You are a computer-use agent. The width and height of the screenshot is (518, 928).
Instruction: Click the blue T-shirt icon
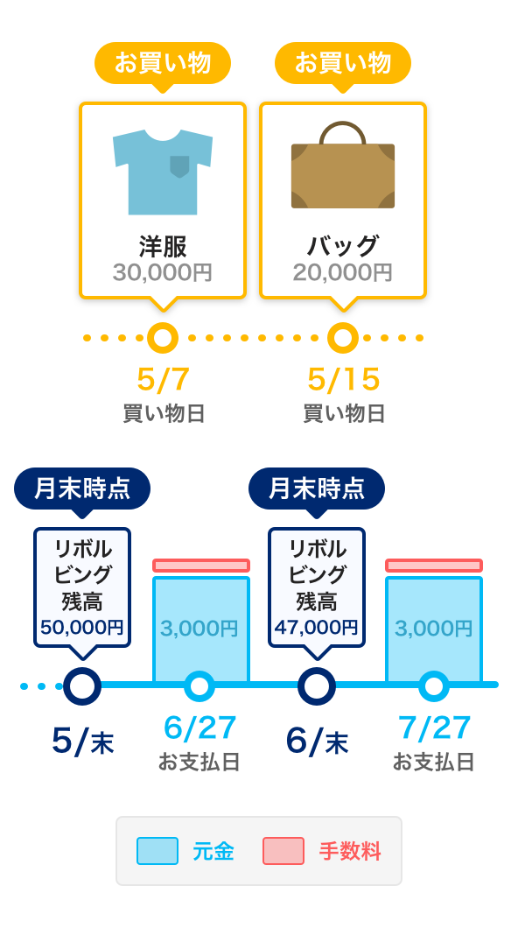tap(163, 172)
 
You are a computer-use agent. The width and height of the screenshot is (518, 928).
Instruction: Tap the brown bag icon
tap(343, 165)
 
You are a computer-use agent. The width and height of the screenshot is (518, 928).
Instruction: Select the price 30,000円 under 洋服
tap(163, 273)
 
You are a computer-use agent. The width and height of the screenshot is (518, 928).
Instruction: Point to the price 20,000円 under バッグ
tap(343, 273)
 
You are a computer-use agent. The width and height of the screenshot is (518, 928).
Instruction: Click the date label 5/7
tap(163, 380)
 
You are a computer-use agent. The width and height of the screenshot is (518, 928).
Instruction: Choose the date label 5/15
tap(344, 380)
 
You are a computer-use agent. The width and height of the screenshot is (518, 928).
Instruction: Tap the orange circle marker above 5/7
tap(163, 338)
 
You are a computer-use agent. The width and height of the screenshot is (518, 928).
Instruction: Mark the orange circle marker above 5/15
tap(343, 338)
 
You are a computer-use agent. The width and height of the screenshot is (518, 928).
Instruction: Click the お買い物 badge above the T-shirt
tap(163, 63)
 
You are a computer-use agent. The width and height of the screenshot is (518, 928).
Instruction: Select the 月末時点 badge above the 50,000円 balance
tap(82, 489)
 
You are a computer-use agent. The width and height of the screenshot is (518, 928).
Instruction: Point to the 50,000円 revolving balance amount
tap(82, 628)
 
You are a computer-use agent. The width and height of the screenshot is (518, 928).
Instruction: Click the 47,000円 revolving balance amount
tap(317, 628)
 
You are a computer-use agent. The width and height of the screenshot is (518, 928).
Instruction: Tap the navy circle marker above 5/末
tap(82, 686)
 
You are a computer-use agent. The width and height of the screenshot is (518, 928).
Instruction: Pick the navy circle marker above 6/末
tap(317, 686)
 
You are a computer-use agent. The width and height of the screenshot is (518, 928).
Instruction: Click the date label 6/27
tap(199, 728)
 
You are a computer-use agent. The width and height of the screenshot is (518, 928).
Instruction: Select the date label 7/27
tap(434, 728)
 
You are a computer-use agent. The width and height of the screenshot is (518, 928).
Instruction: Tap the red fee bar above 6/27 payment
tap(201, 566)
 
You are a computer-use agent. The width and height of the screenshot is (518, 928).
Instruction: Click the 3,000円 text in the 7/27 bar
tap(433, 629)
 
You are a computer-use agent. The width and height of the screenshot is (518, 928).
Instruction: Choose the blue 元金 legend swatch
tap(157, 851)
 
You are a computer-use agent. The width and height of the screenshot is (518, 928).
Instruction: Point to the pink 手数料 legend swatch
tap(283, 851)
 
